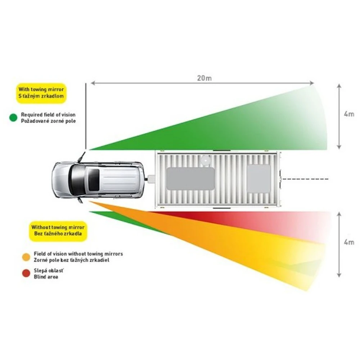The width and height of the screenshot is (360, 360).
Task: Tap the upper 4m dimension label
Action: tap(349, 114)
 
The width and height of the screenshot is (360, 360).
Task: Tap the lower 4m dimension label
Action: tap(349, 242)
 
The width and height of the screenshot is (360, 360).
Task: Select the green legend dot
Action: tap(13, 117)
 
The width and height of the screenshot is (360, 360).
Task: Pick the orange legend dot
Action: tap(26, 257)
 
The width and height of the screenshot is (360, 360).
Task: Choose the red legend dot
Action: tap(26, 274)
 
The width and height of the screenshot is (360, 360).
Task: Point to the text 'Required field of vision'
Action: tap(48, 114)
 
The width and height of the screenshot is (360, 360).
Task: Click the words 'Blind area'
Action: tap(46, 277)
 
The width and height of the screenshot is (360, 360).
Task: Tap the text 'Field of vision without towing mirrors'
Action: tap(78, 254)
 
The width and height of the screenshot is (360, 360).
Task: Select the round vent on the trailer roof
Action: tap(206, 159)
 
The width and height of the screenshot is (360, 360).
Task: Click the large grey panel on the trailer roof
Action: tap(191, 179)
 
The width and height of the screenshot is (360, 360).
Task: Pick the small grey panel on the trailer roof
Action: tap(259, 179)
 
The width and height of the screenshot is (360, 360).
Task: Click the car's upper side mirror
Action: tap(82, 157)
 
